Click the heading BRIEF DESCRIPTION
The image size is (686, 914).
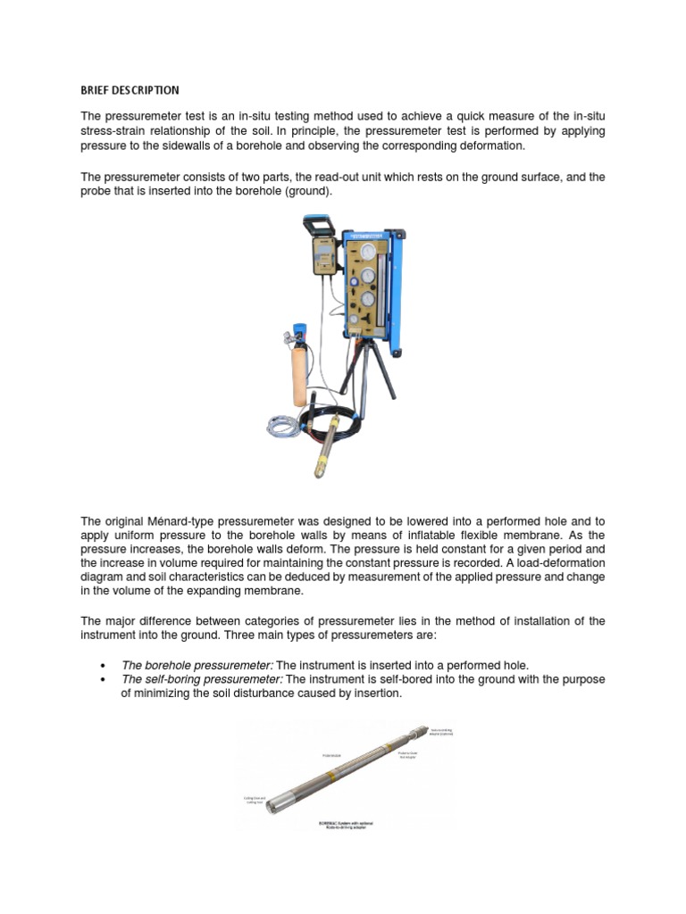[130, 90]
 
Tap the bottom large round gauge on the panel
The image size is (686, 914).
[368, 299]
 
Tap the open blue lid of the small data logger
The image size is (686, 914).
[320, 225]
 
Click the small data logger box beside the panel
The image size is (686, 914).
[322, 256]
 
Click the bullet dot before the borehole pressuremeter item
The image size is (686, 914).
[105, 666]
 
